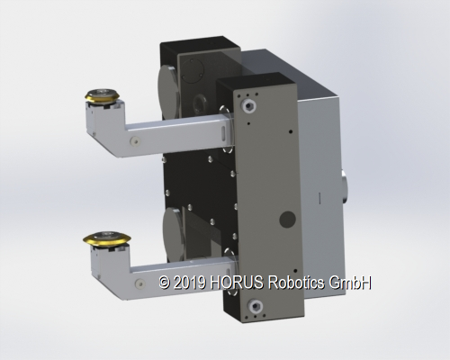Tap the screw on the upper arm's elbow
coord(135,141)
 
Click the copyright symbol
coord(164,283)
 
